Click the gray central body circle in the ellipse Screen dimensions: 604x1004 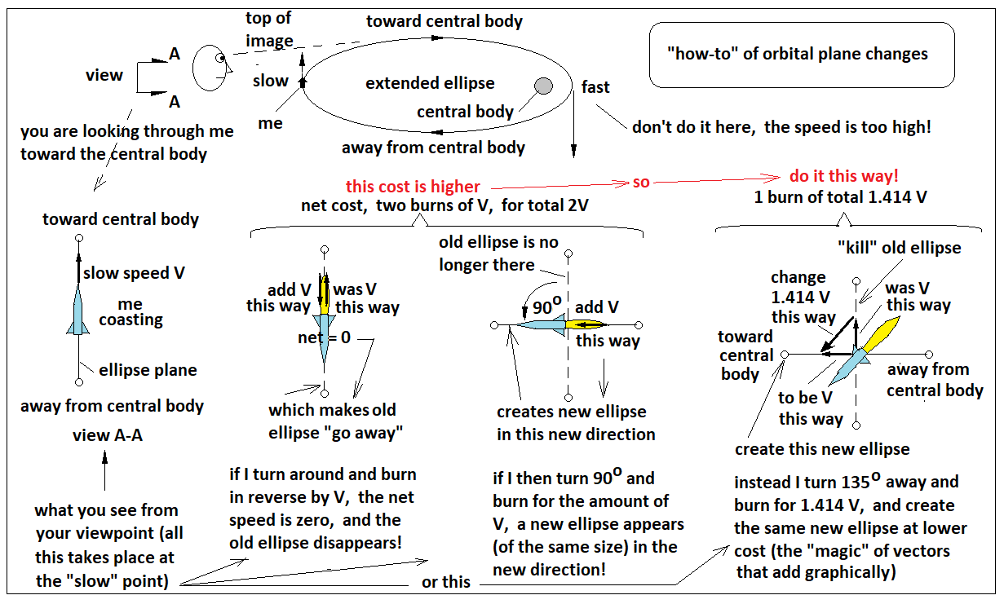[543, 86]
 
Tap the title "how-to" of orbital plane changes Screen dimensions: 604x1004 [797, 55]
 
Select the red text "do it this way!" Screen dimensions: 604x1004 [844, 177]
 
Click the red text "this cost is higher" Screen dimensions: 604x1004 [413, 187]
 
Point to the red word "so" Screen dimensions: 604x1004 [641, 182]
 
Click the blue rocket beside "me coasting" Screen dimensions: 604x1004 [78, 311]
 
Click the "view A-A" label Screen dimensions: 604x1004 [108, 435]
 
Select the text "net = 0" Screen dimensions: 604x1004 [324, 337]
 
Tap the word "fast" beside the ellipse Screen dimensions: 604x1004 [595, 87]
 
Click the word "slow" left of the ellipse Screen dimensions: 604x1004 [271, 81]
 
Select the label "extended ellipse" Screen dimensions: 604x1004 [430, 84]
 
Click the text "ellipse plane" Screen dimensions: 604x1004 [148, 370]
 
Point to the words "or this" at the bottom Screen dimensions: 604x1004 [445, 581]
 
